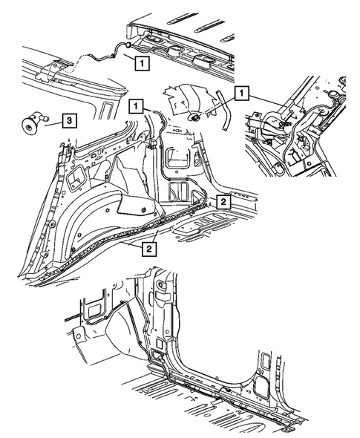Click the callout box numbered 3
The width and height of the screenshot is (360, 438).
tap(66, 119)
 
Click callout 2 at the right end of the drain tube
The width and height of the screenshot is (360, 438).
tap(222, 201)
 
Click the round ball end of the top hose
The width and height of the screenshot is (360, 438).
tap(126, 45)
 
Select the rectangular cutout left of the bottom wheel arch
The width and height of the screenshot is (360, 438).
tap(92, 304)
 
